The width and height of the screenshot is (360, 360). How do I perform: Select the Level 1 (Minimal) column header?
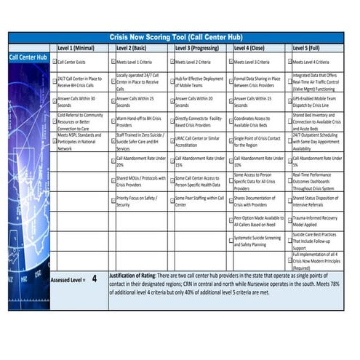coord(76,48)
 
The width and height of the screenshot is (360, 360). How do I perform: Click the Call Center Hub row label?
coord(28,57)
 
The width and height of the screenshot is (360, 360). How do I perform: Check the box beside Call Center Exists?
coord(54,63)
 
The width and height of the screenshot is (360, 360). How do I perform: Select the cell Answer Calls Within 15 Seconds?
coord(259,101)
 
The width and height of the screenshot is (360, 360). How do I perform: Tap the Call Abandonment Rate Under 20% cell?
coord(138,161)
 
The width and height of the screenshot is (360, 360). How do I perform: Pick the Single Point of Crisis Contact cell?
coord(259,140)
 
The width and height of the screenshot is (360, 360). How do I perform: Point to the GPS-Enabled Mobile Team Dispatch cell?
coord(317,101)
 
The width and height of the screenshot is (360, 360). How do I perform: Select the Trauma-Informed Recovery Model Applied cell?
coord(317,220)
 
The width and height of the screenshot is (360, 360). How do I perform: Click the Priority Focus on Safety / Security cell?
coord(138,201)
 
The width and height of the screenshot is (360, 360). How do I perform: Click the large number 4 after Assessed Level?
coord(94,277)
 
